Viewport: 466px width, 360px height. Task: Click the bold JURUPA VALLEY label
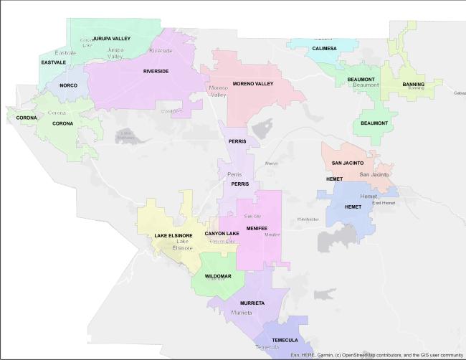111,39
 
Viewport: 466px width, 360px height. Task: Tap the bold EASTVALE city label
53,62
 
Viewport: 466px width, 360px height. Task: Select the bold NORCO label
68,85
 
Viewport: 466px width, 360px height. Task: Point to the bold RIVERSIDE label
156,72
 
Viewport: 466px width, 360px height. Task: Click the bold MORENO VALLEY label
253,84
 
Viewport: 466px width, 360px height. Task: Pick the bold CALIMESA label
324,49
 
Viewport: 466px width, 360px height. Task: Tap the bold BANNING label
413,85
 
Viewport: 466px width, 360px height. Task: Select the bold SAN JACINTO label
348,164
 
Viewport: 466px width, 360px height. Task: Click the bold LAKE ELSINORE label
173,236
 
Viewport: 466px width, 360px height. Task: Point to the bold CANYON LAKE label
222,234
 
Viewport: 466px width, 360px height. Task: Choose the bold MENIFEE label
257,229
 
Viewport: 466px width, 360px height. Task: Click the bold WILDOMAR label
218,276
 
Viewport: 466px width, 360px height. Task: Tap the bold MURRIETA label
252,303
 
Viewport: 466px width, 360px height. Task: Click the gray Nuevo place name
271,164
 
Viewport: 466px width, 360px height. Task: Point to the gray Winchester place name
308,219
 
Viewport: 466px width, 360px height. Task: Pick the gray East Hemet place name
384,203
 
